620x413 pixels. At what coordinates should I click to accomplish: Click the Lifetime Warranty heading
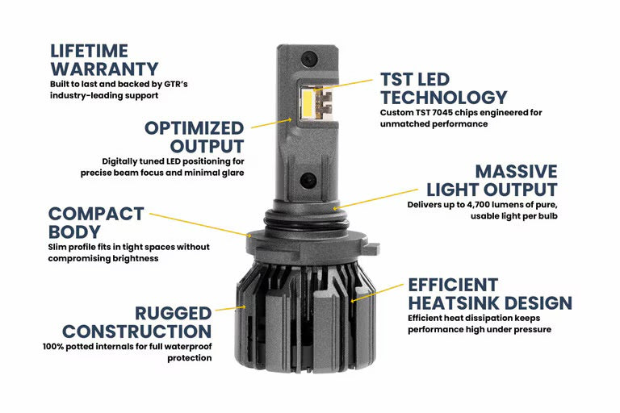pyautogui.click(x=103, y=59)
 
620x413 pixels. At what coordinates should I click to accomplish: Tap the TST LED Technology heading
pyautogui.click(x=443, y=89)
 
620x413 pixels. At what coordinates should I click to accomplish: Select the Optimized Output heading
pyautogui.click(x=194, y=137)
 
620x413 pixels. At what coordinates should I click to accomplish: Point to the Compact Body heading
pyautogui.click(x=95, y=223)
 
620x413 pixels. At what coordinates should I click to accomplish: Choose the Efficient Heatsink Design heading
pyautogui.click(x=489, y=294)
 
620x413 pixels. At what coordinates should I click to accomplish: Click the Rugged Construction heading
pyautogui.click(x=136, y=322)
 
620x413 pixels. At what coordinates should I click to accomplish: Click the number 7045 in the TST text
pyautogui.click(x=450, y=113)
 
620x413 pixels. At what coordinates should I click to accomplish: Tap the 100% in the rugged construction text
pyautogui.click(x=54, y=346)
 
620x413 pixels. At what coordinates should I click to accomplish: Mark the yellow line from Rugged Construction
pyautogui.click(x=230, y=307)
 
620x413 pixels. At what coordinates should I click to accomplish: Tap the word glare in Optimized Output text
pyautogui.click(x=230, y=172)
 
